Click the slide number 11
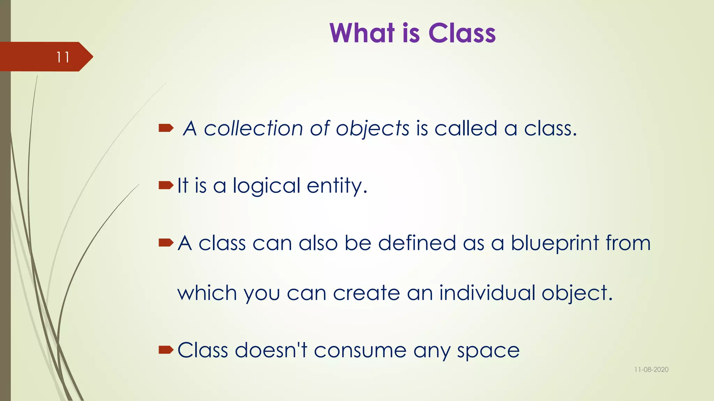[x=63, y=57]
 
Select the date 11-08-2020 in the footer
[x=651, y=370]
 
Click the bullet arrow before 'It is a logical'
[x=166, y=185]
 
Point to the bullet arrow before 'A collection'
[x=166, y=128]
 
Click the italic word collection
[x=253, y=128]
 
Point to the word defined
[x=417, y=243]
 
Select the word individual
[x=487, y=293]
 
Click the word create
[x=366, y=293]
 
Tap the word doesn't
[x=271, y=350]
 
